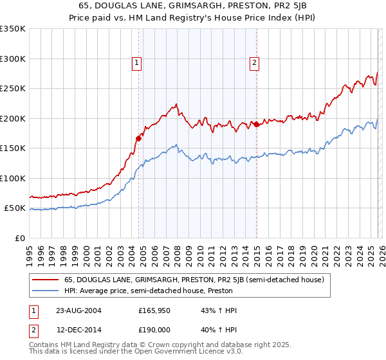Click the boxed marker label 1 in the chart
tap(138, 62)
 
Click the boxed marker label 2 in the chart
tap(255, 62)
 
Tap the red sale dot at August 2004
tap(138, 138)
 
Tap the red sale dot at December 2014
tap(255, 123)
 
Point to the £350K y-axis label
tap(12, 29)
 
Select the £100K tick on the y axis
tap(12, 178)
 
